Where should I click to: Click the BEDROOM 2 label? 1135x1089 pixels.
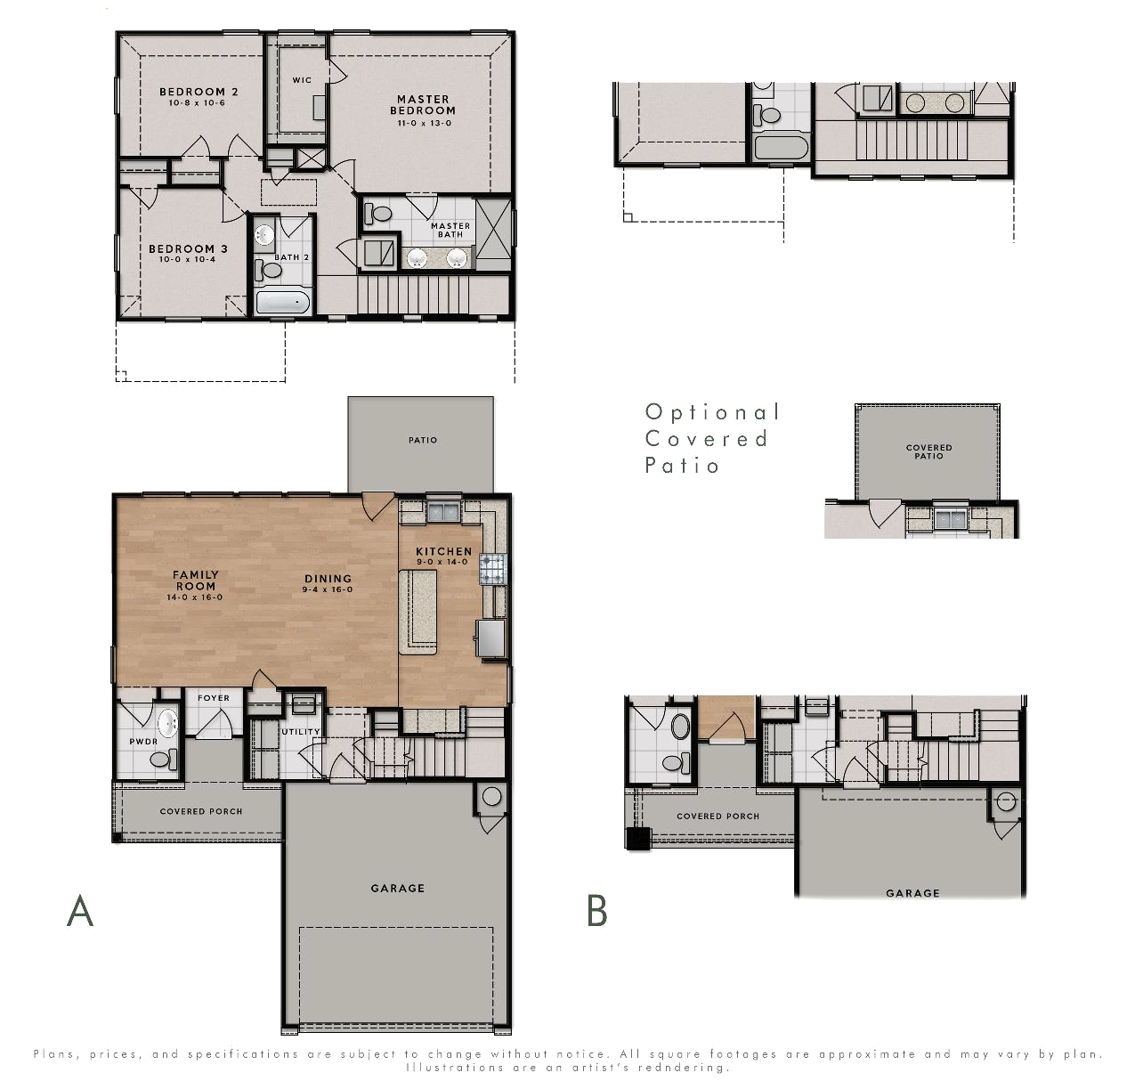click(199, 92)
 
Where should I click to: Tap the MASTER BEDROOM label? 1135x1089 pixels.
click(423, 105)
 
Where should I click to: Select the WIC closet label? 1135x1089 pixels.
click(302, 80)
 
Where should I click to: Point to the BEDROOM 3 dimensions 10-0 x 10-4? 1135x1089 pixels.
click(187, 260)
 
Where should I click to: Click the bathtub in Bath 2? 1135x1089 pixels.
click(283, 302)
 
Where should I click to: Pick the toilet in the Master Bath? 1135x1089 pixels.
click(378, 214)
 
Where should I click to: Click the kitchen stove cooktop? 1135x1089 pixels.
click(493, 569)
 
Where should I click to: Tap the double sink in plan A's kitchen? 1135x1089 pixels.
click(443, 513)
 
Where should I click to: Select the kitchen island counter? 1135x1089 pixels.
click(418, 612)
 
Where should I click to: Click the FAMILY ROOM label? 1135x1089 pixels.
click(196, 581)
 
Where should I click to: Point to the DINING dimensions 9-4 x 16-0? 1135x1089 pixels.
click(328, 589)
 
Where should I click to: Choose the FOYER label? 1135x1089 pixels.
click(214, 697)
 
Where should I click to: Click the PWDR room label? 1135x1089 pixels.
click(143, 742)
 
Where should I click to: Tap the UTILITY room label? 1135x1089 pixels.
click(301, 731)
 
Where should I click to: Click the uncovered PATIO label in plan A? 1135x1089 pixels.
click(423, 440)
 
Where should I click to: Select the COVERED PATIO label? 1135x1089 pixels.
click(929, 451)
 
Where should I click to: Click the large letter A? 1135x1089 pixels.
click(80, 911)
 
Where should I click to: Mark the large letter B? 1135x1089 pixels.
click(596, 911)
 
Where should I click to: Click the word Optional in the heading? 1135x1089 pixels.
click(712, 412)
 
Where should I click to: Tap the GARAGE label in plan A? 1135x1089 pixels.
click(398, 889)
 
